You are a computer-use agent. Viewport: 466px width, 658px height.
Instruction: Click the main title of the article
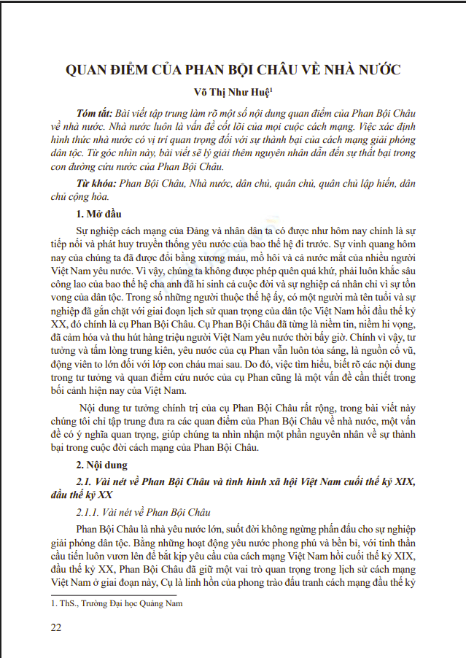(x=233, y=71)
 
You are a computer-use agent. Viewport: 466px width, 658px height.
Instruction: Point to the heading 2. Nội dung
(x=102, y=464)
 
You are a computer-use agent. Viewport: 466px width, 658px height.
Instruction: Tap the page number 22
(x=56, y=627)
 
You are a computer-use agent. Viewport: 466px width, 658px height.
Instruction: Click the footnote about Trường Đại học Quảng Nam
(x=117, y=603)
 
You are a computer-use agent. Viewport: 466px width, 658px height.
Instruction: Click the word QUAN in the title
(x=88, y=71)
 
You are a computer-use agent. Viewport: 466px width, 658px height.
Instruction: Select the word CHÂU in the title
(x=269, y=71)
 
